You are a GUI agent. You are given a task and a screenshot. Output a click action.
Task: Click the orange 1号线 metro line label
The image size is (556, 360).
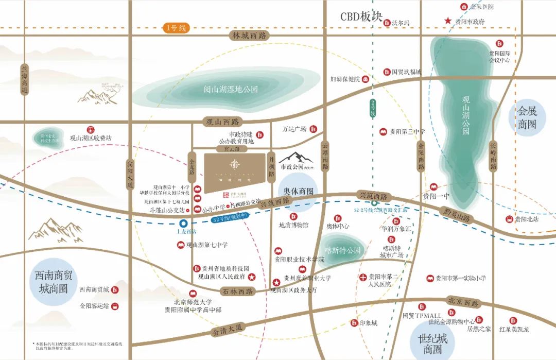pos(175,28)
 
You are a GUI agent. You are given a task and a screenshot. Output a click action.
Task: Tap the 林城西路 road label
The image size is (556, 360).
pos(249,36)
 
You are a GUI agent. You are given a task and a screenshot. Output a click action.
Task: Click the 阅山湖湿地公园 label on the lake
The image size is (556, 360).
pos(230,89)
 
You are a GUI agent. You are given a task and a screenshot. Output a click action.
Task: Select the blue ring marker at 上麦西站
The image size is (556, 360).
pos(183,223)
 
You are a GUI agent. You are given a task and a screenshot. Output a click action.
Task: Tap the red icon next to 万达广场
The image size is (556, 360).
pos(312,129)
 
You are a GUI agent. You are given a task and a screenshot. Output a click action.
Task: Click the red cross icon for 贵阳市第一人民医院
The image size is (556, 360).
pos(363,277)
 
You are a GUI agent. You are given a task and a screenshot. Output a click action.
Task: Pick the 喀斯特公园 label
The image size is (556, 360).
pos(344,251)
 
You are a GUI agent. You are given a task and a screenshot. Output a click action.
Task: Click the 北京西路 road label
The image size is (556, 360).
pos(463,302)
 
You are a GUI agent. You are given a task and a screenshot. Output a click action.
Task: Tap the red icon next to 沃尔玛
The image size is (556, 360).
pos(387,23)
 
